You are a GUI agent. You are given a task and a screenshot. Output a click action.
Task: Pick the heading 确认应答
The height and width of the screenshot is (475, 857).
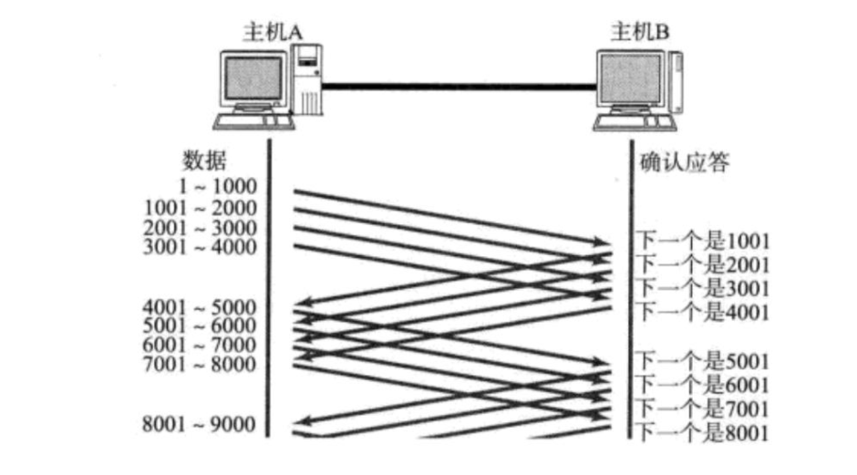click(684, 162)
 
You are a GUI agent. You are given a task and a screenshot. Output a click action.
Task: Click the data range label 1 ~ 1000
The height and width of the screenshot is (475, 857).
click(217, 187)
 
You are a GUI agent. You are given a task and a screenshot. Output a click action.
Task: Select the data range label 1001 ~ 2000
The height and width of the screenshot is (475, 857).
click(201, 207)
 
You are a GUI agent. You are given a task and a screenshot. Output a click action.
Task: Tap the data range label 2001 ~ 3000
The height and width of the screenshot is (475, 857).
click(201, 227)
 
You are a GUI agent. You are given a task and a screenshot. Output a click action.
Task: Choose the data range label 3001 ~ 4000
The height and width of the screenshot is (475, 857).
click(201, 246)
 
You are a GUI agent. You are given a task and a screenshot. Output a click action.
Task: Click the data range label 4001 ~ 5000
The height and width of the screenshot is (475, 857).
click(201, 306)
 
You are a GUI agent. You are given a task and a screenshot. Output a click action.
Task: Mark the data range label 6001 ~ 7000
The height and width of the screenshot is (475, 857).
click(201, 346)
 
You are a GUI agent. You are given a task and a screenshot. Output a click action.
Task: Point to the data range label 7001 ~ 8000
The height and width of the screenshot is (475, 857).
click(201, 365)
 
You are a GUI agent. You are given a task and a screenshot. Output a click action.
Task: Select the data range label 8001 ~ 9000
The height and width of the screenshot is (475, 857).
click(201, 424)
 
